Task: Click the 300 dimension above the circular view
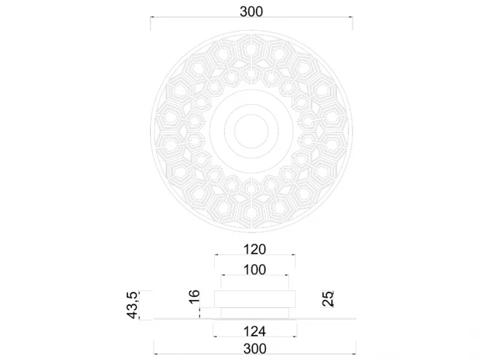click(x=251, y=12)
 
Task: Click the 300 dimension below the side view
click(x=255, y=349)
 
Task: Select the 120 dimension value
click(x=255, y=249)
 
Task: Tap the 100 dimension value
click(x=255, y=270)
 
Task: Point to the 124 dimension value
click(x=255, y=331)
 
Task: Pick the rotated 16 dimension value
click(x=195, y=297)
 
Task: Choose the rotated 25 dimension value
click(x=328, y=298)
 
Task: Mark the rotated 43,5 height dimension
click(x=133, y=305)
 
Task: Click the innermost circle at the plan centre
click(x=251, y=131)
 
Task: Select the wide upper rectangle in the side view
click(x=255, y=299)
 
